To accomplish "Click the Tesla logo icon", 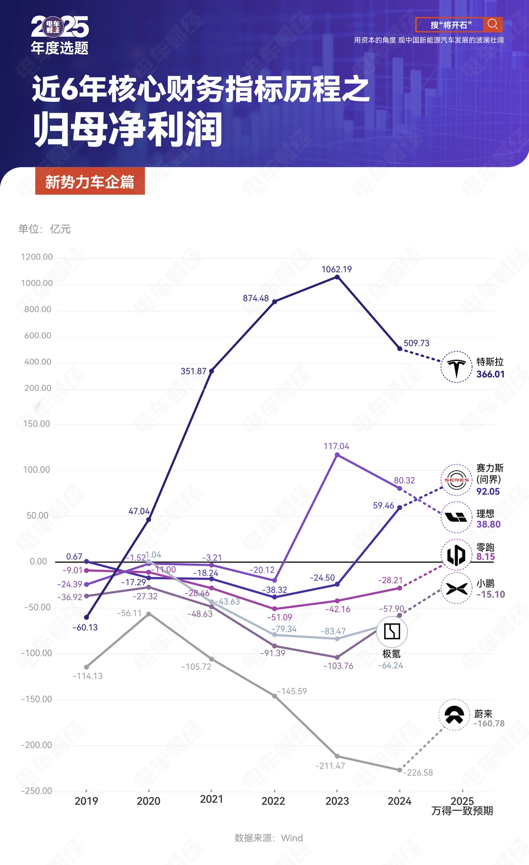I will (456, 367).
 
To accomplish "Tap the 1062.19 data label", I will (337, 269).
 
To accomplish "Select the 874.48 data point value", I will (256, 298).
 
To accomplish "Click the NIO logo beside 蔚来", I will (454, 715).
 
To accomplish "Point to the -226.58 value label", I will (418, 772).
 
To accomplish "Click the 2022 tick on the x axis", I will (273, 801).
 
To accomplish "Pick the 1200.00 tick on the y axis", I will (37, 257).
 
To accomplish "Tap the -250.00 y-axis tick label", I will (36, 791).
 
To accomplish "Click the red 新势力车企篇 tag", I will (90, 182).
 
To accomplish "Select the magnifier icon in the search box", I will (492, 24).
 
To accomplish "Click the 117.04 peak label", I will (336, 446).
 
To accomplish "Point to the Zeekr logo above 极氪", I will (392, 631).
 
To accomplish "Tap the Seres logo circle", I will (457, 480).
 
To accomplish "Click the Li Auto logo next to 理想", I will (456, 517).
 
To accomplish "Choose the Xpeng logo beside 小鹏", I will (457, 588).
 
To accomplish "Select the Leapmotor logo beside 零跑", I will (457, 554).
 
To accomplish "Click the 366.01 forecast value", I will (490, 374).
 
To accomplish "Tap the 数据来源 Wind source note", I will (268, 838).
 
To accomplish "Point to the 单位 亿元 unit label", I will (45, 229).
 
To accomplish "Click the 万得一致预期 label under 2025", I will (462, 811).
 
